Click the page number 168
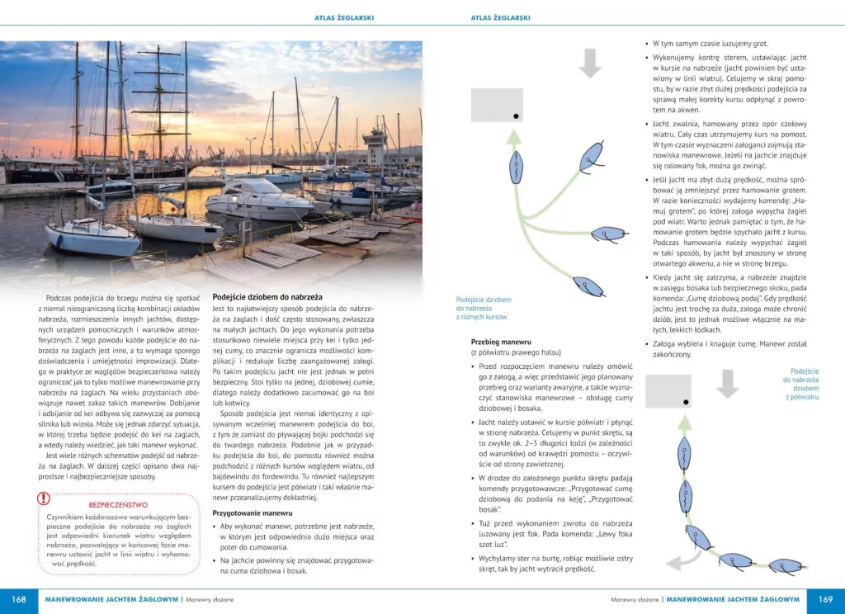(19, 600)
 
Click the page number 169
(824, 600)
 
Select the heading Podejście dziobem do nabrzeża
(267, 296)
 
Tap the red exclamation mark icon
(44, 498)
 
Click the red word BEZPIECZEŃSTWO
(118, 504)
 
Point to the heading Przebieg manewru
(498, 341)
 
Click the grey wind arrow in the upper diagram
(590, 64)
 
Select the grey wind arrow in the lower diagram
(726, 384)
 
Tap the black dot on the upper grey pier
(516, 116)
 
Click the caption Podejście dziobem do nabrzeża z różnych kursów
(484, 308)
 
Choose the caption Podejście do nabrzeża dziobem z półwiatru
(804, 384)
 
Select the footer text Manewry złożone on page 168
(210, 600)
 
